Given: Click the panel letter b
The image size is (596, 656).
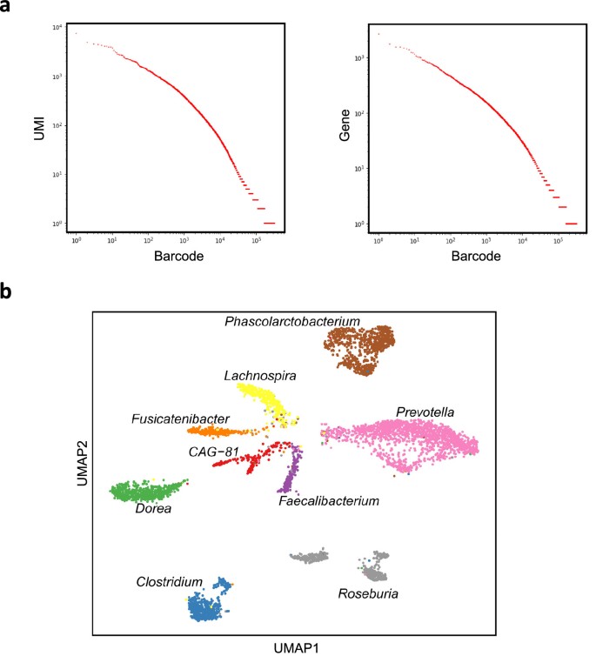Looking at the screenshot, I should tap(9, 294).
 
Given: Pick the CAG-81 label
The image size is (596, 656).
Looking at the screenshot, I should tap(214, 451).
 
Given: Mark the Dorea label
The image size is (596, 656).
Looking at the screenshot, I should tap(152, 509).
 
